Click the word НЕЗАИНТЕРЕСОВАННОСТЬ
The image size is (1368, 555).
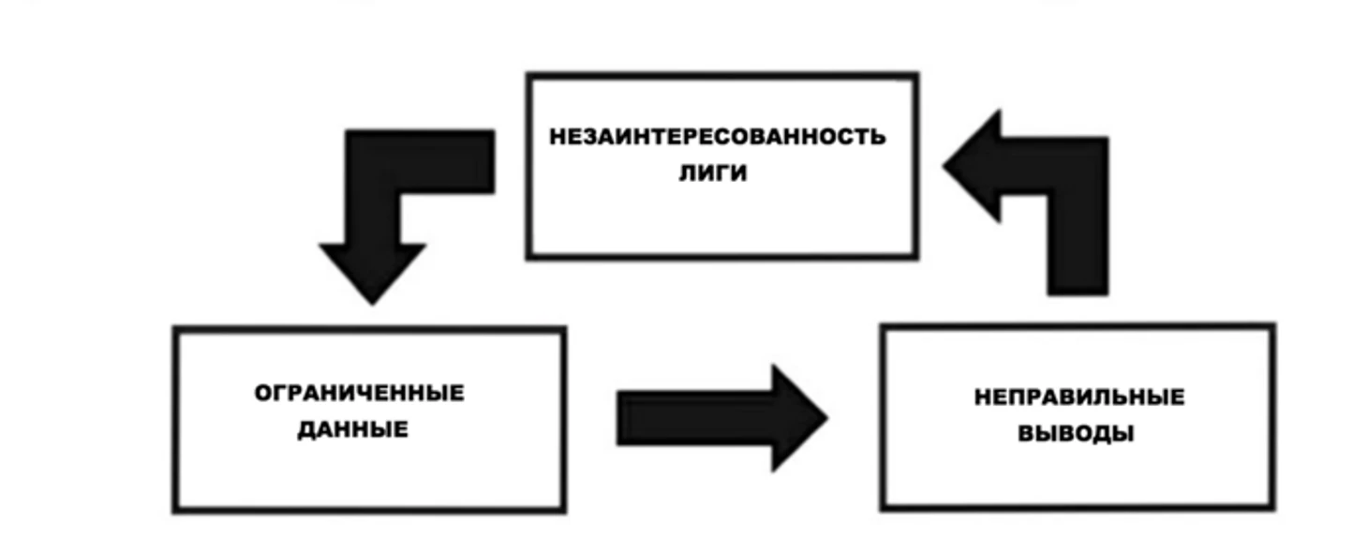(x=717, y=137)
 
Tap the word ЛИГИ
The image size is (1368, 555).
(x=713, y=173)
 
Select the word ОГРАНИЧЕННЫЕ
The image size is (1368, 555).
(x=359, y=393)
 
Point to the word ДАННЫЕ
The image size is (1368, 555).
(x=352, y=430)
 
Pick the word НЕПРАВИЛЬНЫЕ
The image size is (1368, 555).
(x=1078, y=397)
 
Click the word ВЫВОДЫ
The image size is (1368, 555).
(x=1076, y=435)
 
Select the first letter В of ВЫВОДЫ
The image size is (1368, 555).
(x=1026, y=435)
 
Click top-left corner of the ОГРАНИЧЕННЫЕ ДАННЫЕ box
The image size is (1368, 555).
(x=175, y=329)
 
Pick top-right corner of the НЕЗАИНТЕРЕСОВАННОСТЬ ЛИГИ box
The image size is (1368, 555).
(x=915, y=75)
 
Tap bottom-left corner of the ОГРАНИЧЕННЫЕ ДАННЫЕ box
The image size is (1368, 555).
(x=175, y=511)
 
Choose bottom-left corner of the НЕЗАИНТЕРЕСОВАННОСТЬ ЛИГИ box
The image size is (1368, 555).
(x=529, y=255)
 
